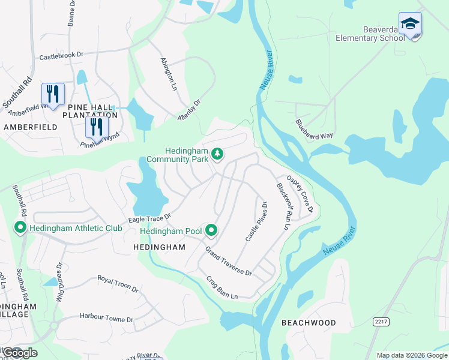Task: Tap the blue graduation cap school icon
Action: click(410, 25)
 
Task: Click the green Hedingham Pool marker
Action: click(211, 230)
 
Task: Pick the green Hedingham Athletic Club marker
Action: click(20, 228)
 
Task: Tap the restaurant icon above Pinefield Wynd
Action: click(95, 127)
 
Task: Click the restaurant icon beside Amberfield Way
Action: click(53, 94)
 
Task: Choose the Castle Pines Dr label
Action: click(256, 221)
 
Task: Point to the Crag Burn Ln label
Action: click(222, 287)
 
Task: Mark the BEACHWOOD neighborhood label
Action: click(309, 323)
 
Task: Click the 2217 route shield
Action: click(381, 322)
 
